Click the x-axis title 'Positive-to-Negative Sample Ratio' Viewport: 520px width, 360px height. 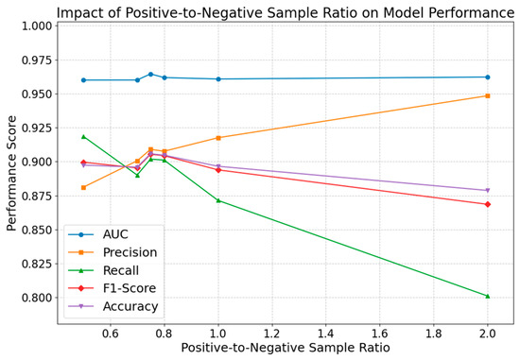[285, 348]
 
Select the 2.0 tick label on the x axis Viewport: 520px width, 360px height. [487, 332]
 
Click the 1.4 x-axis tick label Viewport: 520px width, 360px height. [325, 332]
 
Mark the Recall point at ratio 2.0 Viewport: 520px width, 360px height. [487, 296]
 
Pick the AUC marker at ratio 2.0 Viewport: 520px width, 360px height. [487, 77]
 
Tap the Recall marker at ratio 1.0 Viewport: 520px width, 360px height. [217, 200]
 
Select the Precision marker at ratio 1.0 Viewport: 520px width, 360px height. [217, 138]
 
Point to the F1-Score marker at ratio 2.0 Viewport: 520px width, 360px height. [487, 204]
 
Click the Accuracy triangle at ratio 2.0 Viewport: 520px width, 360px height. [487, 190]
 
